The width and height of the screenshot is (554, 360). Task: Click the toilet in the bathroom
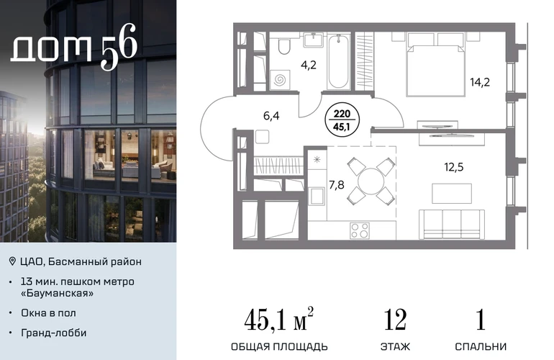click(283, 45)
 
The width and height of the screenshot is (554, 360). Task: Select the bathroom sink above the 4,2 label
click(314, 40)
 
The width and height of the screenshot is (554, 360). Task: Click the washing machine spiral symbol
click(280, 80)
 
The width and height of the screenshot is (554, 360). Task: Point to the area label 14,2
click(480, 82)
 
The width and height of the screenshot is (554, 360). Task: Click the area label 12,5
click(454, 166)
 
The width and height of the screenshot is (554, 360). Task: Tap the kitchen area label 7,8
click(337, 184)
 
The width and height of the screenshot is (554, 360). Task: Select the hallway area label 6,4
click(271, 116)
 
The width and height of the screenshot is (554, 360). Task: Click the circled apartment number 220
click(342, 114)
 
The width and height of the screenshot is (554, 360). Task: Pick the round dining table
click(371, 181)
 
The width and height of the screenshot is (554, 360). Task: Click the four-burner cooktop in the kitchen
click(360, 230)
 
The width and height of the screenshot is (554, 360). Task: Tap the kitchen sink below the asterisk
click(317, 196)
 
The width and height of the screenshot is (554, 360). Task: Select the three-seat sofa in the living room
click(452, 224)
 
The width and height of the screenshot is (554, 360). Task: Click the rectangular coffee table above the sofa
click(452, 193)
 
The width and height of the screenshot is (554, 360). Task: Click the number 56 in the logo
click(119, 47)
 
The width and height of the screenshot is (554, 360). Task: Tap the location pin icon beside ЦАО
click(12, 261)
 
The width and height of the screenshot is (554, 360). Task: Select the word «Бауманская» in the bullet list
click(58, 293)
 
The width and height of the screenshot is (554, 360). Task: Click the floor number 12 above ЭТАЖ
click(395, 320)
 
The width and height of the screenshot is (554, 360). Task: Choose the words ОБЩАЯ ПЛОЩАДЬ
click(279, 346)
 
